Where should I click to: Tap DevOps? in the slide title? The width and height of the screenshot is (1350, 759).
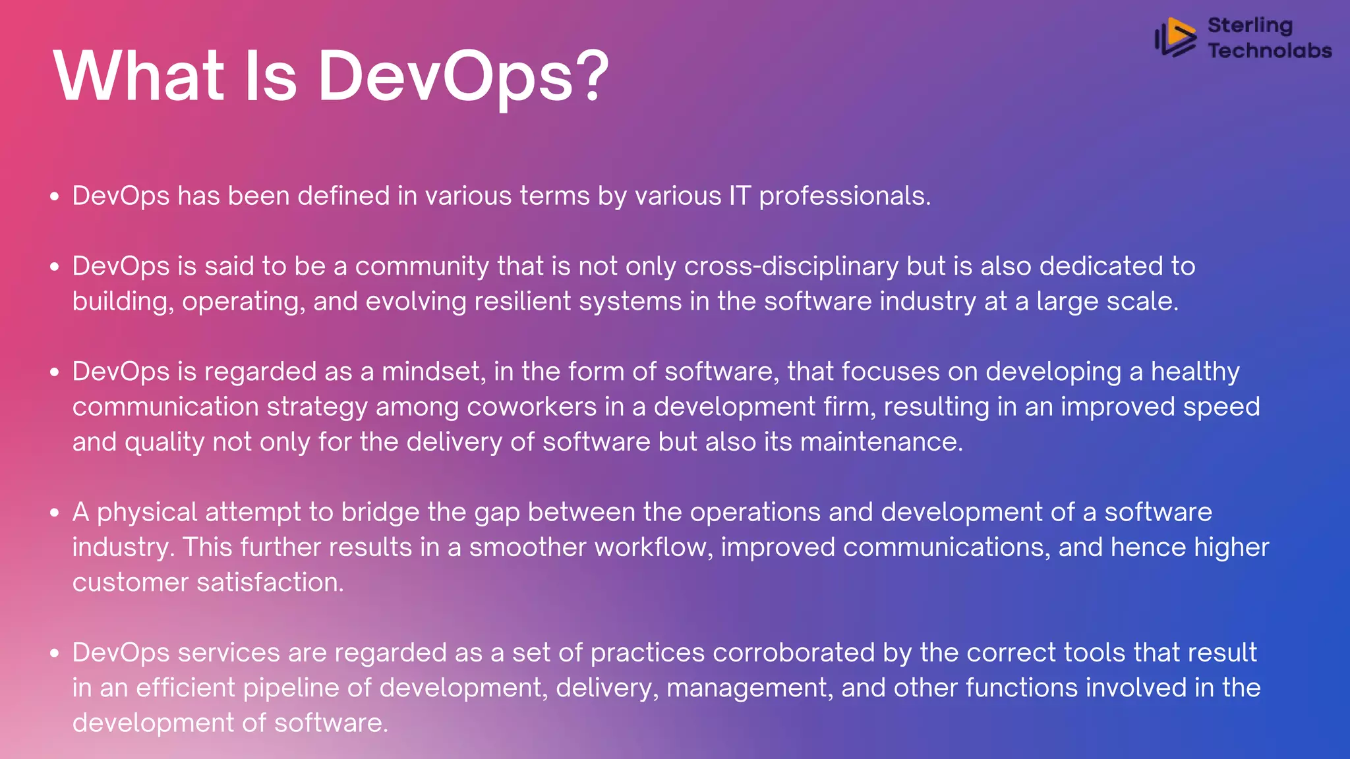[x=463, y=77]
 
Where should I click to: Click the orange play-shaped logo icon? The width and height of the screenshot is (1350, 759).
[x=1176, y=37]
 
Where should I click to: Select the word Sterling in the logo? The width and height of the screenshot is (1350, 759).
[x=1250, y=25]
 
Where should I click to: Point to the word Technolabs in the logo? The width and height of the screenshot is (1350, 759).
[x=1270, y=50]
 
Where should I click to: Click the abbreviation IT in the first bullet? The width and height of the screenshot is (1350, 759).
[x=740, y=196]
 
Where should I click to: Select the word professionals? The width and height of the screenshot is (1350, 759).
[x=844, y=196]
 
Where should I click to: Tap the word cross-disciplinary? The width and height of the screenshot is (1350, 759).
[x=791, y=266]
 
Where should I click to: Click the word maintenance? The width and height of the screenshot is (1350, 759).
[x=881, y=441]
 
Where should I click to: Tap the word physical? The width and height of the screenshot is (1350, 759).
[x=147, y=513]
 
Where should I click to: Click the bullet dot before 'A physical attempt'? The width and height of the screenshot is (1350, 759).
[x=55, y=513]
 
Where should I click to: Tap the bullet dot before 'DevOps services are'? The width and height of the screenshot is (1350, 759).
[x=55, y=653]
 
